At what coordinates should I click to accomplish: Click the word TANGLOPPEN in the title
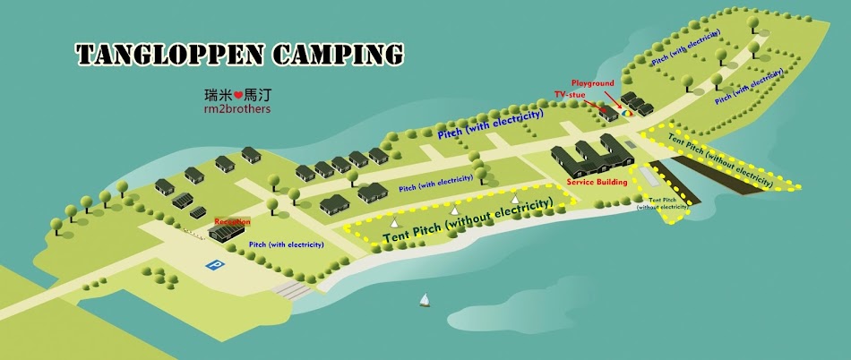(169, 54)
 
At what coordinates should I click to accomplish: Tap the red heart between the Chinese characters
(238, 94)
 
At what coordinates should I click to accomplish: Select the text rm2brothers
(237, 108)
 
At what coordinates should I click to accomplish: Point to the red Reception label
(231, 221)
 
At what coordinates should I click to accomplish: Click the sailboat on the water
(424, 300)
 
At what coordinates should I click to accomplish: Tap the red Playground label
(593, 83)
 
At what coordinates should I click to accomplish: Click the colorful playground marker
(628, 112)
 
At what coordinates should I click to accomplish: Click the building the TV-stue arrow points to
(609, 114)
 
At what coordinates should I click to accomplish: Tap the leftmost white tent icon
(393, 219)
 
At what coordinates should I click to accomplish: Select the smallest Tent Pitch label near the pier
(663, 203)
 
